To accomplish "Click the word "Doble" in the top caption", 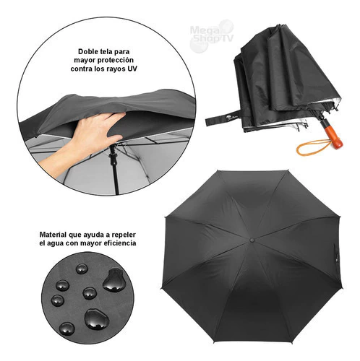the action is pos(87,51).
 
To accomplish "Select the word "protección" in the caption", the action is pos(116,61).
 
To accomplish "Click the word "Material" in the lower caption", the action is pos(53,235).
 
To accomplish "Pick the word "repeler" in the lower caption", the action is pos(124,235).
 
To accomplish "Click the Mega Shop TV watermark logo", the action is pos(211,35).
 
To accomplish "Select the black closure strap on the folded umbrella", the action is pos(223,118).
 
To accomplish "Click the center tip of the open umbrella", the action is pos(252,240).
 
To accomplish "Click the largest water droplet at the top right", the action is pos(114,280).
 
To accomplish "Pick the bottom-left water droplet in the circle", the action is pos(67,329).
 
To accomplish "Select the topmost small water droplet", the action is pos(82,269).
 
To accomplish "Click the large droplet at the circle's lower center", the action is pos(97,319).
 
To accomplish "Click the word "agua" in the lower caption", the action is pos(55,243).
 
